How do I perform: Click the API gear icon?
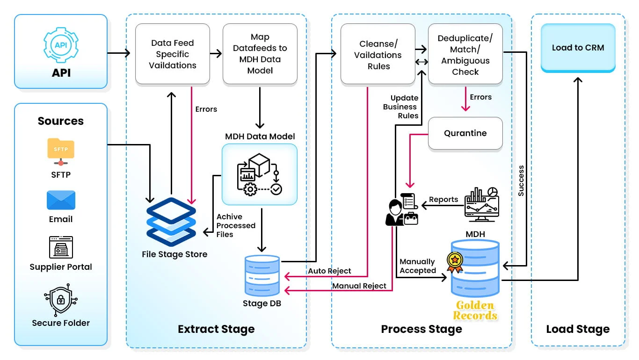click(x=61, y=45)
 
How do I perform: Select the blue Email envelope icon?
click(x=61, y=200)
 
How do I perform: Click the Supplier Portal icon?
click(x=61, y=247)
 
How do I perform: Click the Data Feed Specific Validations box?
click(x=172, y=54)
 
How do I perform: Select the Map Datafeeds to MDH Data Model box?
click(x=260, y=54)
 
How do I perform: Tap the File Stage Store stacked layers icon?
click(x=171, y=222)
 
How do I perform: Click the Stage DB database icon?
click(x=262, y=275)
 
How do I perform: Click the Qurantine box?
click(x=465, y=133)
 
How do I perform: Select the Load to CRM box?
click(x=578, y=48)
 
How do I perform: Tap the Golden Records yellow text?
click(x=475, y=310)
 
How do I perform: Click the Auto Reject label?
click(x=329, y=271)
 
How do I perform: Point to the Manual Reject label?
click(x=359, y=286)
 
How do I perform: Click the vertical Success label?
click(x=521, y=180)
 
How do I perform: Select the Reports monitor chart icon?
click(x=481, y=204)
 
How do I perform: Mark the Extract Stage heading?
click(x=216, y=329)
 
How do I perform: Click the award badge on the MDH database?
click(x=454, y=262)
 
